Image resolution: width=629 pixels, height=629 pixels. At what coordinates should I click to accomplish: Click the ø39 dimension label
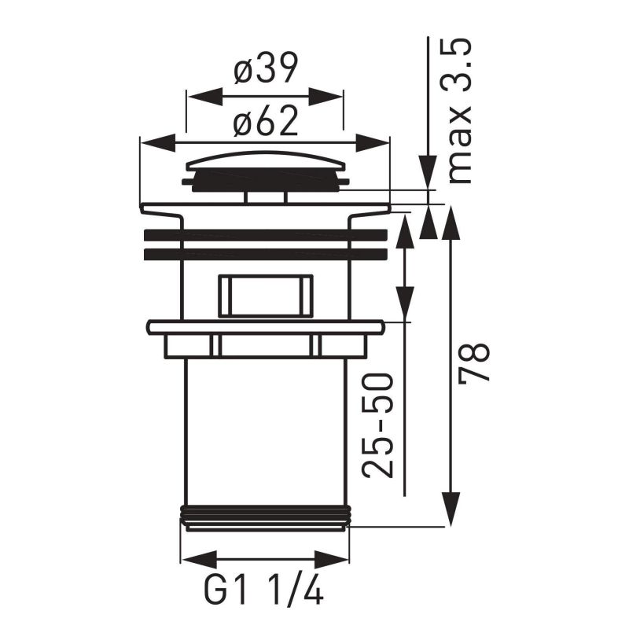(x=265, y=72)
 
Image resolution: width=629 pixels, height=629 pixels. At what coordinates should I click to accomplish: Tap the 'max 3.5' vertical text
(x=460, y=110)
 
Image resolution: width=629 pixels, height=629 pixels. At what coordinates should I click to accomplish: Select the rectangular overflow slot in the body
(x=265, y=296)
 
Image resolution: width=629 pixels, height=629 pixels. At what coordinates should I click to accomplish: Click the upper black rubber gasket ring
(x=265, y=235)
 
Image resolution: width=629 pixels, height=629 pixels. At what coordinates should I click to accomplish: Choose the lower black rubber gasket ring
(x=265, y=254)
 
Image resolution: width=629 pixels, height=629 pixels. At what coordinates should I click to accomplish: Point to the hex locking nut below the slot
(x=265, y=344)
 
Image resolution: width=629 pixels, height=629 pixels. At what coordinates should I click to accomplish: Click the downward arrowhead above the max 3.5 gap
(x=427, y=172)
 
